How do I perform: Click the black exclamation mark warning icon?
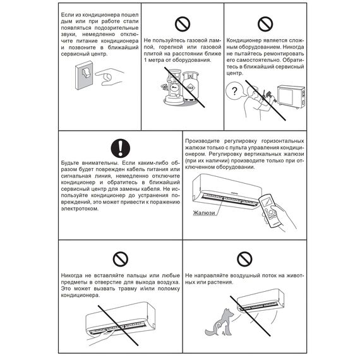click(x=120, y=148)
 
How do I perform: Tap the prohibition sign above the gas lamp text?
click(x=183, y=24)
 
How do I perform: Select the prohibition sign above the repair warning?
click(x=265, y=24)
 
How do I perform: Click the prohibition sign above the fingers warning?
click(x=120, y=259)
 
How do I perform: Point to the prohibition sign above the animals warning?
click(x=244, y=259)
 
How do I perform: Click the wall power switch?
click(x=84, y=75)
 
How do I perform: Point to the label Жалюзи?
click(x=204, y=213)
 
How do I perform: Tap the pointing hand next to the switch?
click(x=110, y=77)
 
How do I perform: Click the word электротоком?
click(x=80, y=209)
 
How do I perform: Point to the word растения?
click(x=220, y=282)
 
